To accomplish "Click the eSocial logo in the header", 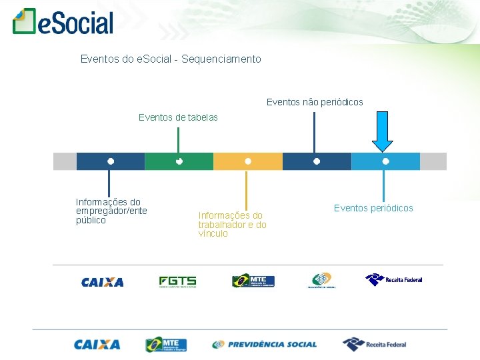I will point(63,22).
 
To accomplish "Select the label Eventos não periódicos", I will point(315,102).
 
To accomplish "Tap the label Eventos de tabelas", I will point(178,117).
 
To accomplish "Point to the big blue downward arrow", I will point(383,131).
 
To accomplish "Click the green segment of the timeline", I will point(179,161).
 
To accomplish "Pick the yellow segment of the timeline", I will point(247,161).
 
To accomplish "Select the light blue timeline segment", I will point(385,161).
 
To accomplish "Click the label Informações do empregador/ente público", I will point(111,211).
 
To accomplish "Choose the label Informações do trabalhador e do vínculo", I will point(232,224).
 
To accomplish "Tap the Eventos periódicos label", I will point(373,208).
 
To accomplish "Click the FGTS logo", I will point(177,281).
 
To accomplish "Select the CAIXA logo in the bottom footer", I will point(97,345).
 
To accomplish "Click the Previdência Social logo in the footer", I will point(265,345).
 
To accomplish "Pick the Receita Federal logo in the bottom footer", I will point(374,344).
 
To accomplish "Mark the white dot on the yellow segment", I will point(248,161).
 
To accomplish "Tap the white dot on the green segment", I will point(179,161).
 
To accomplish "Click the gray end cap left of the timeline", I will point(65,161).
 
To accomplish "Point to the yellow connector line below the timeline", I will point(247,190).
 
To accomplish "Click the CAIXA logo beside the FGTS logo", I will point(103,282).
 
